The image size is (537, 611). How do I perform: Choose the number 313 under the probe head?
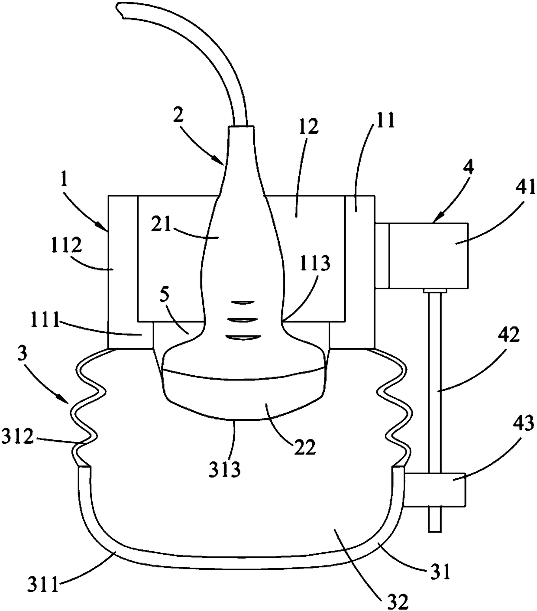pos(223,469)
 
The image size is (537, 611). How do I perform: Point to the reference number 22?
pos(304,447)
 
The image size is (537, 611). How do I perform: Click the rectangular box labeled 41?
pos(428,255)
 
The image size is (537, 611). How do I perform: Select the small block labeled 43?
pos(435,489)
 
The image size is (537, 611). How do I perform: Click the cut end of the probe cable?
pos(121,11)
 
